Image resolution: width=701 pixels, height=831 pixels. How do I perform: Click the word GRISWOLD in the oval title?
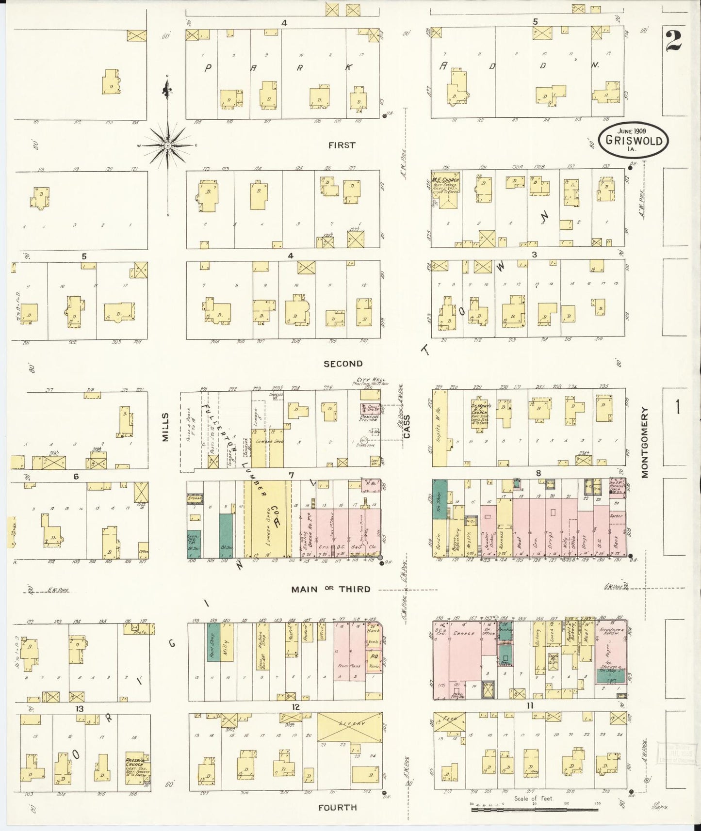[x=633, y=141]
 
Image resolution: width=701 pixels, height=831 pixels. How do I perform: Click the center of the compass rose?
[x=167, y=145]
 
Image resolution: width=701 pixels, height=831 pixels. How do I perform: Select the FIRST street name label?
[x=342, y=145]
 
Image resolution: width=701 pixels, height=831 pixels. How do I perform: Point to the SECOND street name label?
[x=343, y=364]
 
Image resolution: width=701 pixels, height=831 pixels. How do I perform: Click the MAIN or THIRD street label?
[x=330, y=589]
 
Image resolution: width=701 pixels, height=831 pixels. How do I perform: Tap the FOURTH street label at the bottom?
[x=337, y=807]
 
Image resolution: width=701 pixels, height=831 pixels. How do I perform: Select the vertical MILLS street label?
[x=165, y=427]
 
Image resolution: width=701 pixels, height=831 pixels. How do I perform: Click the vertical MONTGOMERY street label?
[x=645, y=442]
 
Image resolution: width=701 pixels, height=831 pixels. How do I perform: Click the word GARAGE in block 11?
[x=463, y=634]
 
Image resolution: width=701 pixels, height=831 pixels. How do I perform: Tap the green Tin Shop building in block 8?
[x=439, y=499]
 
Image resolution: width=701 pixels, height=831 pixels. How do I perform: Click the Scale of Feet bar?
[x=534, y=809]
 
